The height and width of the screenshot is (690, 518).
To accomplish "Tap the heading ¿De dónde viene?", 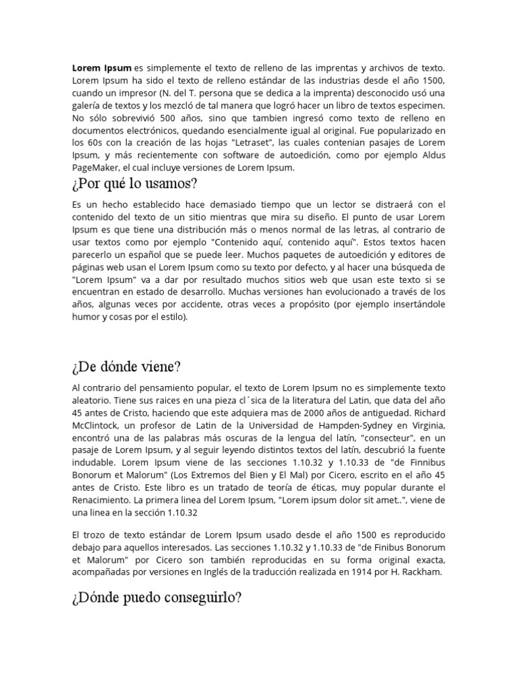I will [x=125, y=367].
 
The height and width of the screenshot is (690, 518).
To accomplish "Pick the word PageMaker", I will [x=96, y=168].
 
